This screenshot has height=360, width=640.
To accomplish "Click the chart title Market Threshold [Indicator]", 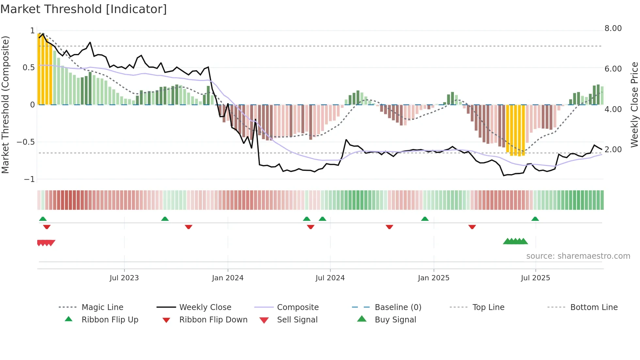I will (84, 9).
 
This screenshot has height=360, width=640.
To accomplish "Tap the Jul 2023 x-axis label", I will (124, 278).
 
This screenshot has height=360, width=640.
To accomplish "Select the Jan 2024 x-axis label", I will (228, 278).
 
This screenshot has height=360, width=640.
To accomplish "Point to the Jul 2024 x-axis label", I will (330, 278).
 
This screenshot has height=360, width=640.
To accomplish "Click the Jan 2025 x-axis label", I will (433, 278).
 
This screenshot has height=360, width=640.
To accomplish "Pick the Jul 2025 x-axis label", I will (535, 278).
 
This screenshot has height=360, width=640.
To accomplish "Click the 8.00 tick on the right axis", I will (613, 28).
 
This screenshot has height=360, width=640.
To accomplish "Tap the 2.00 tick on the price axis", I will (613, 150).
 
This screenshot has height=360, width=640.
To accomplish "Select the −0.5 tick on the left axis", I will (26, 142).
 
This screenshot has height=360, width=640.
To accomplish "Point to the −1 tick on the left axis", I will (29, 179).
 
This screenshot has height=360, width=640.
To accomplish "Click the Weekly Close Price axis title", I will (634, 105).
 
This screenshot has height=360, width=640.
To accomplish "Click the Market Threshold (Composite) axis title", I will (5, 105).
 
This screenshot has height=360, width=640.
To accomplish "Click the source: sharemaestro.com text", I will (578, 256).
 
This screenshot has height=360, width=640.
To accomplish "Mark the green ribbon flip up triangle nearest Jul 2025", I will (535, 219).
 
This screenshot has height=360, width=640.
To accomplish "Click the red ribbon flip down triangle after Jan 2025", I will (472, 227).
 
